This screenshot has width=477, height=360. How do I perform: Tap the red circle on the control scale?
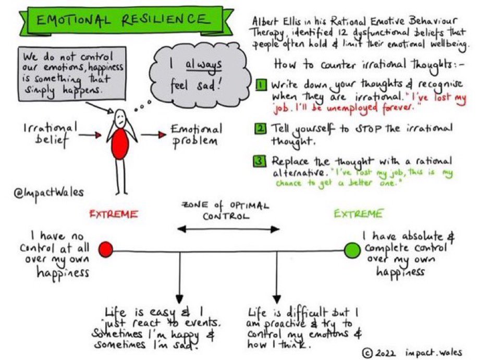(x=106, y=249)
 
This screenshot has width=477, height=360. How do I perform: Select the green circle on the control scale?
(x=352, y=250)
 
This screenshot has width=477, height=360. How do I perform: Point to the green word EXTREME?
(x=358, y=214)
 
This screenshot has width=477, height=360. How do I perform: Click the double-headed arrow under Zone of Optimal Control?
(x=228, y=229)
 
